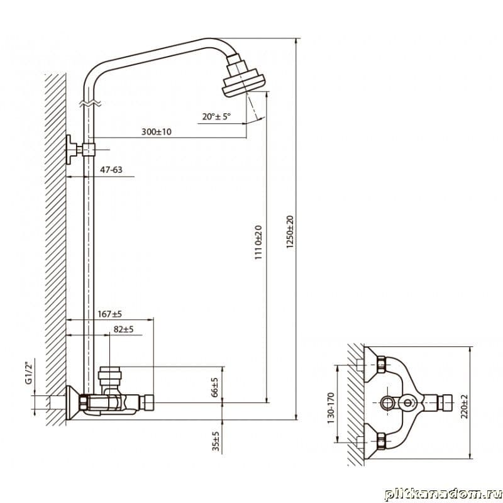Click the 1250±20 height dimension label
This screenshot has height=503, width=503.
(290, 232)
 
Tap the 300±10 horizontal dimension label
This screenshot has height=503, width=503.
(157, 131)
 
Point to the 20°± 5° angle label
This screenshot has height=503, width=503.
(216, 116)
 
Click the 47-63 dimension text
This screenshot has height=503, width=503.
(111, 170)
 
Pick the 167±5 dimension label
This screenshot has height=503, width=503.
(109, 314)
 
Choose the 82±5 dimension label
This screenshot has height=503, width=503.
(123, 329)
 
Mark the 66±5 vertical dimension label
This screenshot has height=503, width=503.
(215, 387)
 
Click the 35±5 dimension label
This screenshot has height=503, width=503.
(216, 441)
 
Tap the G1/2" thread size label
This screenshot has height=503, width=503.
(29, 373)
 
